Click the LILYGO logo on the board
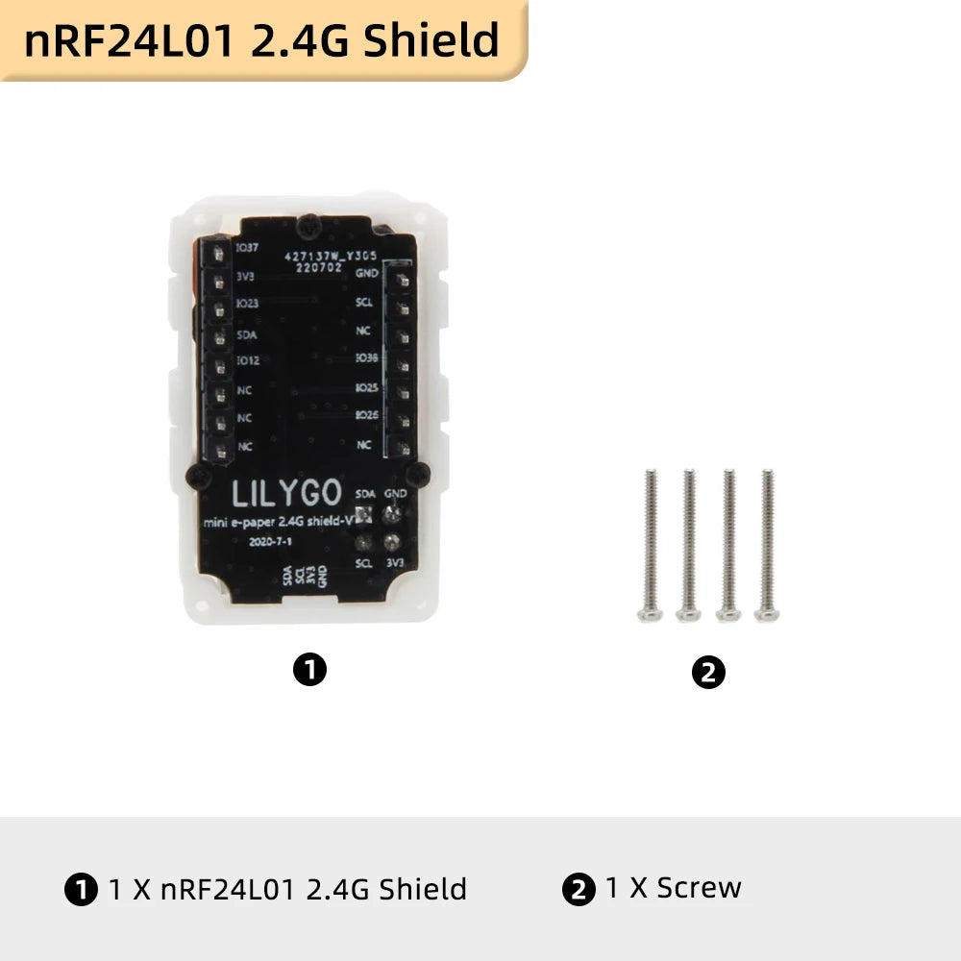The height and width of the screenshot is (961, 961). click(x=286, y=494)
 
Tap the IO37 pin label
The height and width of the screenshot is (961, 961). click(x=247, y=248)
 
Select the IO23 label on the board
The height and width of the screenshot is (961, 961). click(x=247, y=303)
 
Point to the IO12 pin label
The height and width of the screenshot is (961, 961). click(x=247, y=360)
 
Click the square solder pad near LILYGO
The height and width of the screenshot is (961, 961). click(x=364, y=516)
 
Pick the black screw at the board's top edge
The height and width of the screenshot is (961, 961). click(x=307, y=227)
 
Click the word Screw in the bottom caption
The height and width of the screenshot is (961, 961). click(x=699, y=888)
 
